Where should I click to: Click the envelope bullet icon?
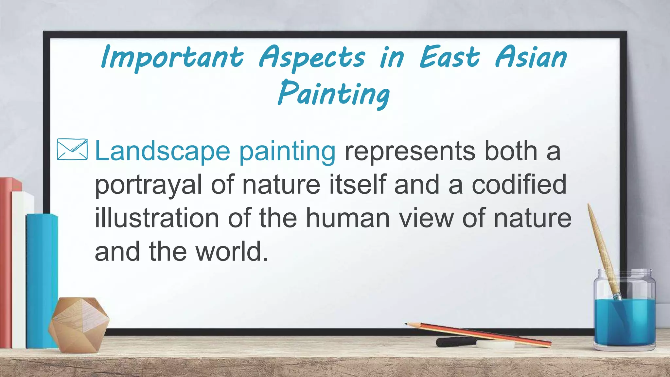(72, 150)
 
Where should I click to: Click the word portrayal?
(148, 185)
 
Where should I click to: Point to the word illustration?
(157, 218)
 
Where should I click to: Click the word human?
(347, 218)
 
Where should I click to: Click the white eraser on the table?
(495, 345)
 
